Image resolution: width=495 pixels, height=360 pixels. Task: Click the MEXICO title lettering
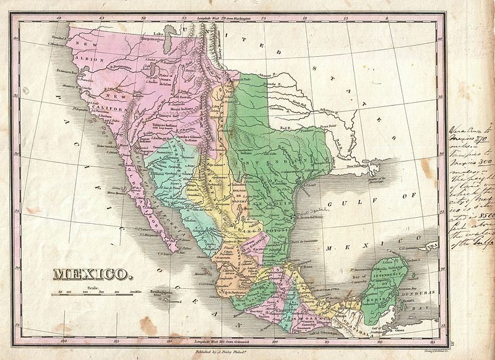point(91,273)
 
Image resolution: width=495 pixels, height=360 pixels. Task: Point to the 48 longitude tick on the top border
point(59,19)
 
